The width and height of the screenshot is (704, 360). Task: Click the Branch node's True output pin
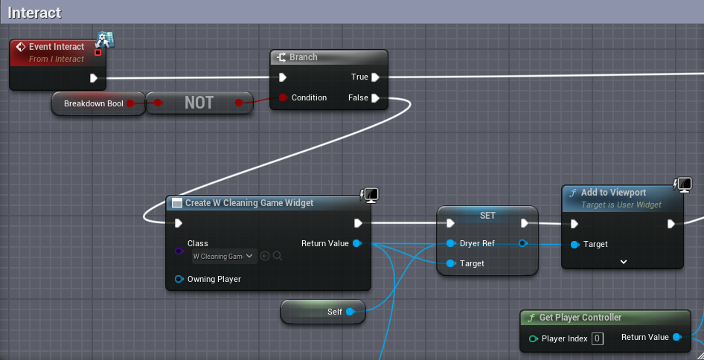click(375, 77)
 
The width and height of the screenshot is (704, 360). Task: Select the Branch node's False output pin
click(375, 98)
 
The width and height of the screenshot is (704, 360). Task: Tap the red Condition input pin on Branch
click(283, 97)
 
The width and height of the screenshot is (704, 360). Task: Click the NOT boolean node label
click(199, 103)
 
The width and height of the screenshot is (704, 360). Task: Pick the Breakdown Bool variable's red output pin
click(130, 103)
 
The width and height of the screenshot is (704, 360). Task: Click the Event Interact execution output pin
click(93, 78)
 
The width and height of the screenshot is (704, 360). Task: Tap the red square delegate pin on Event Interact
click(98, 53)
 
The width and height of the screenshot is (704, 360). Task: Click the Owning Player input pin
click(179, 279)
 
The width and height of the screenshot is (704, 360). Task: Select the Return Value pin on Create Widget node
click(357, 243)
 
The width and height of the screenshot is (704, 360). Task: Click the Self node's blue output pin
click(350, 312)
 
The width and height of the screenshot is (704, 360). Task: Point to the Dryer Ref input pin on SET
click(451, 243)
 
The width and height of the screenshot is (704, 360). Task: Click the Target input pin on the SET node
click(451, 263)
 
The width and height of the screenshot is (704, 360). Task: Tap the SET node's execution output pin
click(525, 223)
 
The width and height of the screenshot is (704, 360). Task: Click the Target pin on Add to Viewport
click(575, 245)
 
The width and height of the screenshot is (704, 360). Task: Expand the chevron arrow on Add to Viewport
click(623, 262)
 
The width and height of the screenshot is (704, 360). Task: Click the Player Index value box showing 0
click(597, 338)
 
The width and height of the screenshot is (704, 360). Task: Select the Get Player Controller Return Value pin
click(676, 337)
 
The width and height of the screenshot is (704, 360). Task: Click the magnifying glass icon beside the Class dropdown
click(278, 257)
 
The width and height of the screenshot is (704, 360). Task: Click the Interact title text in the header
click(34, 13)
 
